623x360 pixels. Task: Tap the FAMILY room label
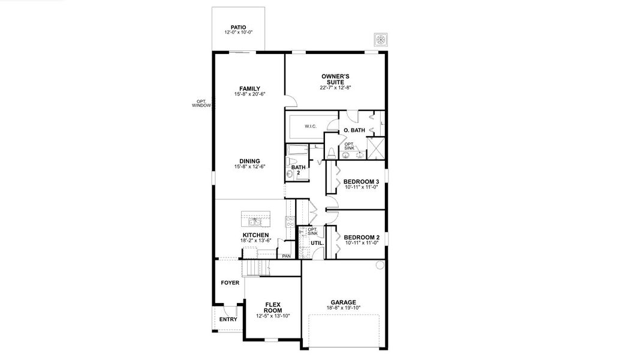click(x=249, y=89)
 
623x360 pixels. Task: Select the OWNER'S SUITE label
click(x=335, y=79)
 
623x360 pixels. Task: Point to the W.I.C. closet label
click(x=310, y=126)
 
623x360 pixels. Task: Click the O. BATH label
click(x=354, y=131)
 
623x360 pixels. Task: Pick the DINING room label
click(x=249, y=161)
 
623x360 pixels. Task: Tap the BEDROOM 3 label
click(x=361, y=181)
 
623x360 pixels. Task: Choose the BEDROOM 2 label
click(x=361, y=237)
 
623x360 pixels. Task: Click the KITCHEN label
click(x=255, y=235)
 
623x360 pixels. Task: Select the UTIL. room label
click(x=317, y=243)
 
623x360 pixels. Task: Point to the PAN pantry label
click(x=286, y=256)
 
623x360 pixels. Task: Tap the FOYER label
click(x=230, y=282)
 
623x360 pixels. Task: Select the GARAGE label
click(x=344, y=302)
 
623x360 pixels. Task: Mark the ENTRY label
click(x=228, y=319)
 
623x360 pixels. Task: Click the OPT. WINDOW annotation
click(x=201, y=103)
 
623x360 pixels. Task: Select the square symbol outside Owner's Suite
click(x=380, y=40)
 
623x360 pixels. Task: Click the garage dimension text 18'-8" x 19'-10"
click(x=344, y=308)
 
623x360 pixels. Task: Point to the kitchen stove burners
click(x=290, y=220)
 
